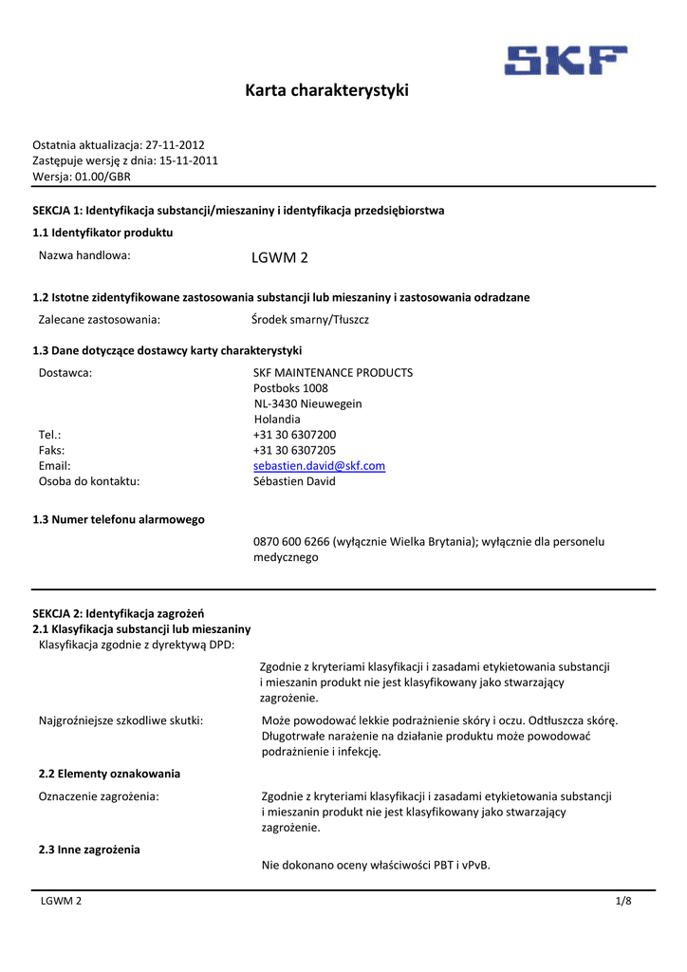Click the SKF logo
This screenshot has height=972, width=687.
pos(566,61)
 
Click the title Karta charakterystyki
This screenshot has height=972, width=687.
pos(326,91)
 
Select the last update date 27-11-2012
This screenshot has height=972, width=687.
pos(175,145)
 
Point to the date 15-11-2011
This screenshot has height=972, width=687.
pos(188,160)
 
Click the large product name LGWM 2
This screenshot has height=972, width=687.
pos(279,257)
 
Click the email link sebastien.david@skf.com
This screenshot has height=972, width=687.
pos(319,466)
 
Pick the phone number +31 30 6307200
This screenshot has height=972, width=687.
pos(294,435)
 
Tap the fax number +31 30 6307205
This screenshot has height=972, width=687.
pos(294,450)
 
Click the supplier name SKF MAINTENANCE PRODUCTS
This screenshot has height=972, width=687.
pos(333,373)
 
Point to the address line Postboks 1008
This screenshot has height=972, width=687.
pos(290,388)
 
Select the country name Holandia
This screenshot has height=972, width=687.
pos(277,420)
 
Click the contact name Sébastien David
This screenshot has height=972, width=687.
pos(294,481)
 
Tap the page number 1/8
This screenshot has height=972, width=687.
pos(622,901)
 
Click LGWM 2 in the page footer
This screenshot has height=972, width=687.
pos(60,901)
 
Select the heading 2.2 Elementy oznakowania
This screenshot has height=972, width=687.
pos(106,774)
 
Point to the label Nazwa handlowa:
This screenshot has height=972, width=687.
pos(84,255)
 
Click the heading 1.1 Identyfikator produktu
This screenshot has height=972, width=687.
pos(102,233)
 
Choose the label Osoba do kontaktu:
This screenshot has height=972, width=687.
pos(89,481)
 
